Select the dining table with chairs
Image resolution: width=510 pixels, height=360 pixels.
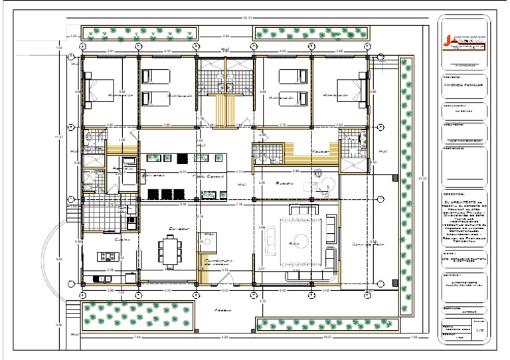point(168,252)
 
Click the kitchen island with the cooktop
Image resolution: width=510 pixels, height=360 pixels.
point(107,256)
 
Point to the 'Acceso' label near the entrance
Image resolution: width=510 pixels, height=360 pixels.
point(222,310)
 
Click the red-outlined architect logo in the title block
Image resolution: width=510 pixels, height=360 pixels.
point(465,40)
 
